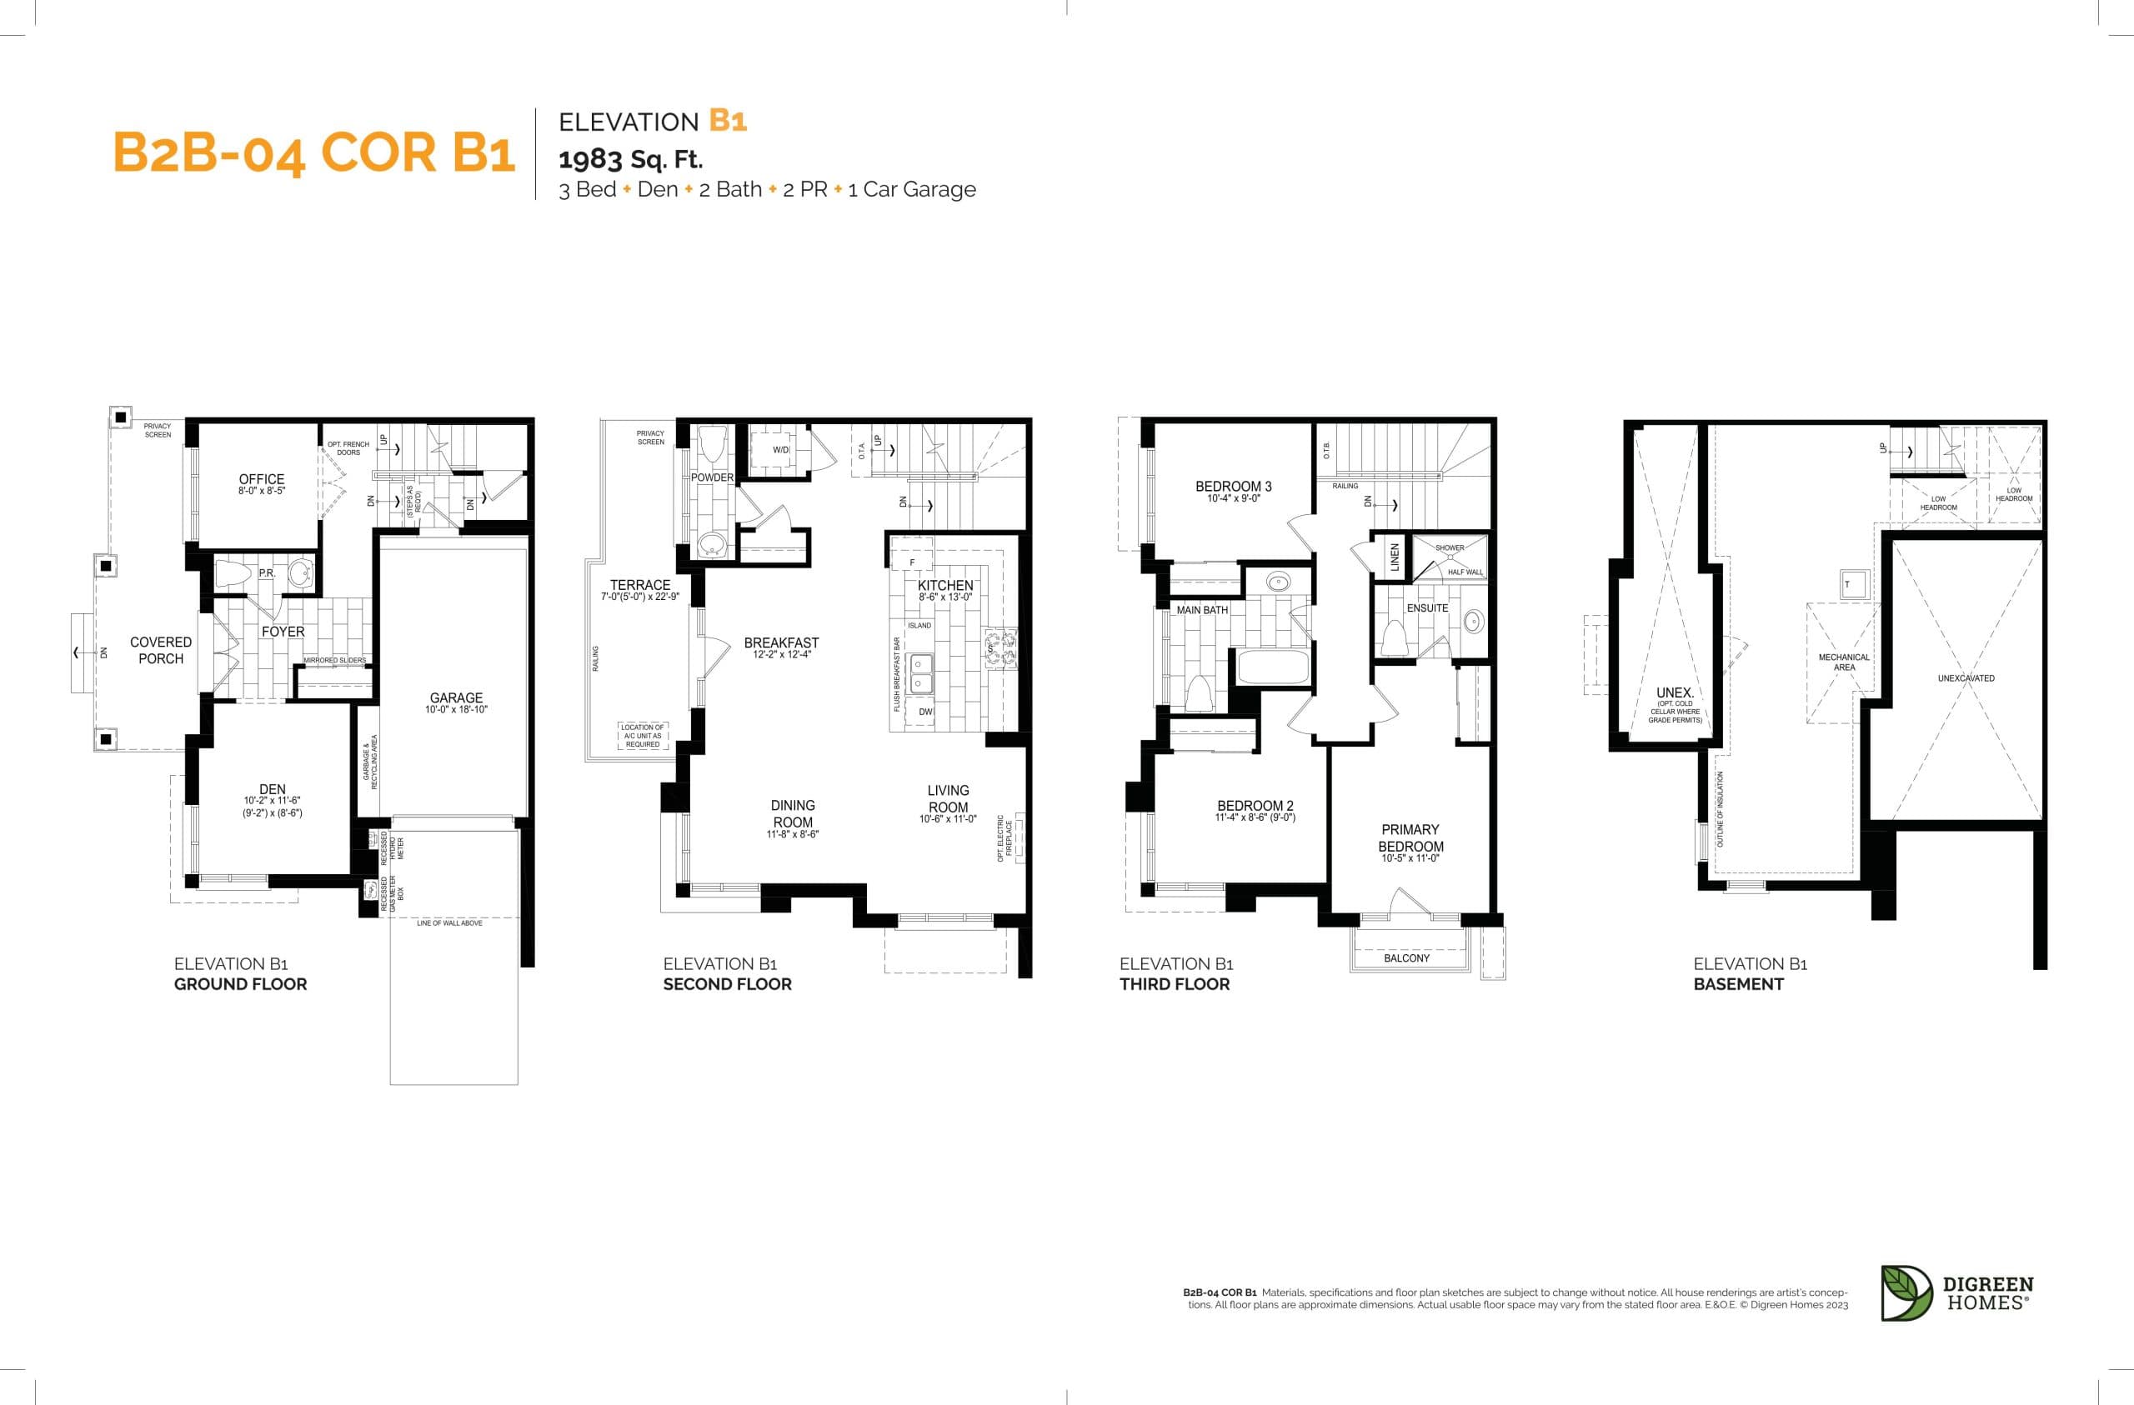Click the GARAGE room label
455,697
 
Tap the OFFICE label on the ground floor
261,480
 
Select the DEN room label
272,790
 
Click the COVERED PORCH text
161,650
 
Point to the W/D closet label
780,450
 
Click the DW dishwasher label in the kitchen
925,712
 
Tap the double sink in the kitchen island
921,674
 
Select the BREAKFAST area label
781,642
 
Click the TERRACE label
640,585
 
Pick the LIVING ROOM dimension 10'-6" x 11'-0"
948,819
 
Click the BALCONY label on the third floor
1406,958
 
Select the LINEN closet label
1395,557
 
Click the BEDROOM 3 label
1233,487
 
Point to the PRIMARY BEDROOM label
1410,838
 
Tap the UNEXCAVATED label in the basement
1966,678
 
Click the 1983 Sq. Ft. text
630,160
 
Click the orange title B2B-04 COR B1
313,152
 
